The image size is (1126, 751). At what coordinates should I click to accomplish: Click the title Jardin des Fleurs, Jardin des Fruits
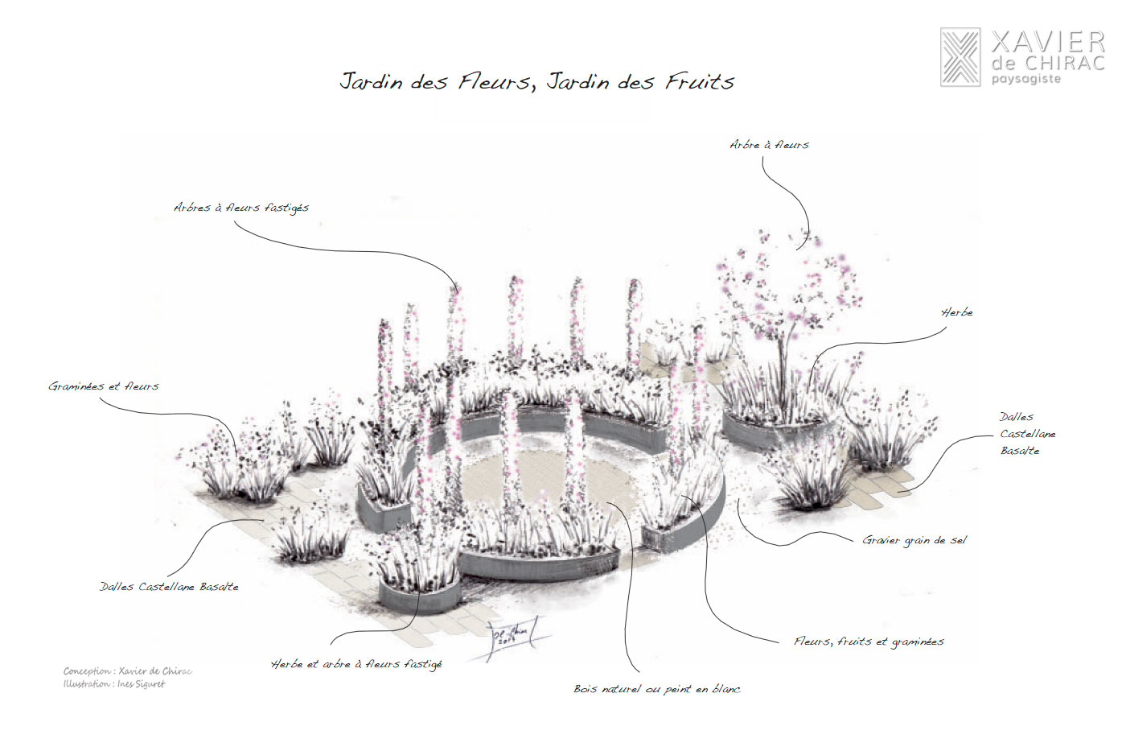[536, 81]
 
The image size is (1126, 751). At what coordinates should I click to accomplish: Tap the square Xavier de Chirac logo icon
[960, 57]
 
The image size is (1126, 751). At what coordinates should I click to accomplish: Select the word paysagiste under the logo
[1025, 79]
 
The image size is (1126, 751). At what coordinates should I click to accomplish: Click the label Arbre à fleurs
[769, 145]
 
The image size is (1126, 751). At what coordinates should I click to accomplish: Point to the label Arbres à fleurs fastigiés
[241, 208]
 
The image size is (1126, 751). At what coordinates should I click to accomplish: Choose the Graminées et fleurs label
[104, 386]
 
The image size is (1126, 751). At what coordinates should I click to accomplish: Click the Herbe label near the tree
[957, 312]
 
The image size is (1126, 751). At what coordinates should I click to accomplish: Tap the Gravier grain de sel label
[914, 540]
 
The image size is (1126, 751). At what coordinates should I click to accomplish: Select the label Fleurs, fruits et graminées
[869, 642]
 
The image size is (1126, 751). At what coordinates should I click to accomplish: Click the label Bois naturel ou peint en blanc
[657, 689]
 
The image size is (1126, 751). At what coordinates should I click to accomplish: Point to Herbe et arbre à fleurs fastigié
[356, 664]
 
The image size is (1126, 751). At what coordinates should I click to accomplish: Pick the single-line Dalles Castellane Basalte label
[169, 587]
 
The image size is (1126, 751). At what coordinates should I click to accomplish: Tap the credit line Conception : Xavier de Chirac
[128, 671]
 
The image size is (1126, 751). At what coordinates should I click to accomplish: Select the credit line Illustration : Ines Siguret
[114, 684]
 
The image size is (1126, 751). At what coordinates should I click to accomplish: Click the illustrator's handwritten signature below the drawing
[512, 636]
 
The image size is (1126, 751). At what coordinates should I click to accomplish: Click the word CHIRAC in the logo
[1062, 63]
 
